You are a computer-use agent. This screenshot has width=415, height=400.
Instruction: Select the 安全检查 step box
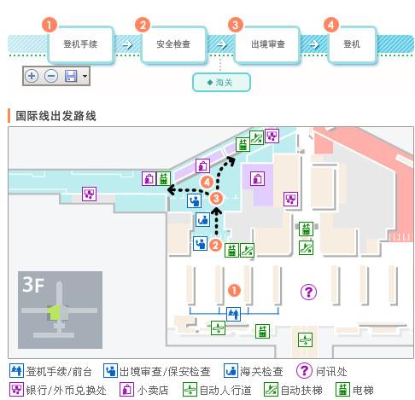coord(172,43)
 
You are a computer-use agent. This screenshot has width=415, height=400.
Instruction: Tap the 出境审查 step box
coord(267,43)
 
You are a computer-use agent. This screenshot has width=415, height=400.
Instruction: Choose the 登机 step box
coord(352,43)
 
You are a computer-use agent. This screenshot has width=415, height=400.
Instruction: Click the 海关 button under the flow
coord(221,83)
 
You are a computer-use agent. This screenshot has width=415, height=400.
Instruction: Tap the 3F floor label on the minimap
coord(34,286)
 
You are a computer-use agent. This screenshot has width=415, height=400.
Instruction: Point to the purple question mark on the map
coord(308,292)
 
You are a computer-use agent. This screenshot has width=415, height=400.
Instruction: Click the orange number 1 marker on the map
coord(233,291)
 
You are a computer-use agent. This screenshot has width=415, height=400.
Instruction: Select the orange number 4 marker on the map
coord(207,182)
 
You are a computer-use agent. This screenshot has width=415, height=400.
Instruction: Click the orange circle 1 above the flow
coord(50,25)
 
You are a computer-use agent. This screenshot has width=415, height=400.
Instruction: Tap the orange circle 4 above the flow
coord(331,25)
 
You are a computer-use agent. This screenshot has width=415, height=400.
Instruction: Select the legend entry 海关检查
coord(252,372)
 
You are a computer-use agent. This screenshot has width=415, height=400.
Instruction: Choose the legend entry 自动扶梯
coord(298,391)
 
